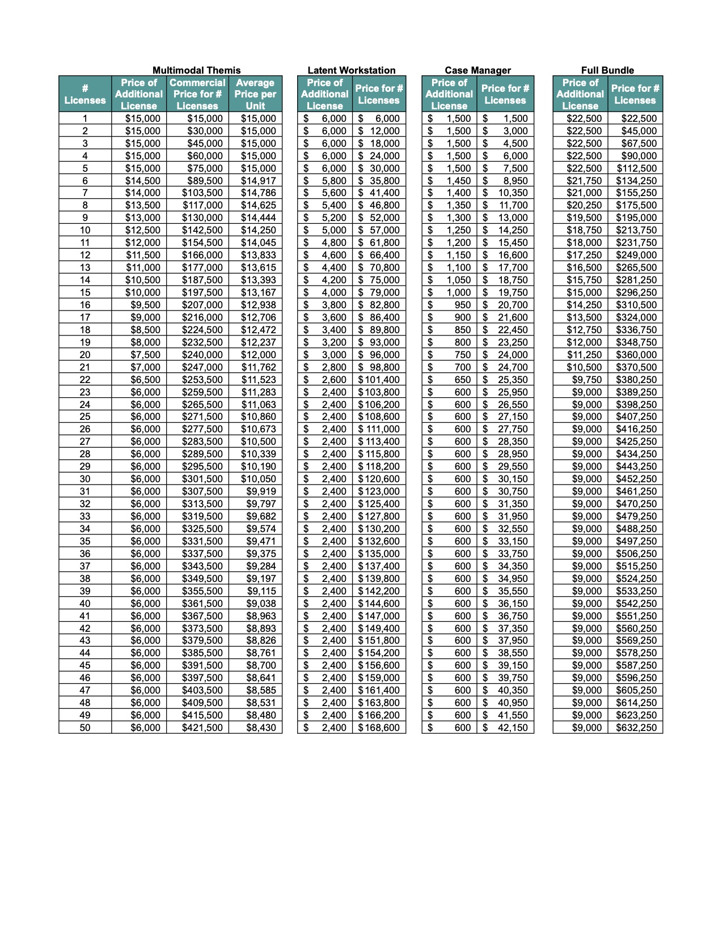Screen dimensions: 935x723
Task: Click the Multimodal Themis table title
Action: pyautogui.click(x=196, y=70)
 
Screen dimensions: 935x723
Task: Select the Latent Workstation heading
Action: pyautogui.click(x=351, y=70)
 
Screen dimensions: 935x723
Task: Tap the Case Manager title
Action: pyautogui.click(x=477, y=70)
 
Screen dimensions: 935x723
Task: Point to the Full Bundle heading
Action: pyautogui.click(x=607, y=70)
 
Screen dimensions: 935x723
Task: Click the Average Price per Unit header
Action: pyautogui.click(x=255, y=94)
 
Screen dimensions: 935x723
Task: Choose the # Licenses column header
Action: pyautogui.click(x=85, y=94)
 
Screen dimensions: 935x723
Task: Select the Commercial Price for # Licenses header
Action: pyautogui.click(x=197, y=94)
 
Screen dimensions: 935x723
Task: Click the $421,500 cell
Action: pyautogui.click(x=202, y=728)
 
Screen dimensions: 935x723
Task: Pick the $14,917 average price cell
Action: pyautogui.click(x=259, y=181)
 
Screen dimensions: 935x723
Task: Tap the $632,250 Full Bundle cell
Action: pyautogui.click(x=636, y=728)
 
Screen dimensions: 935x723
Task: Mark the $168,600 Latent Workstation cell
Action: pyautogui.click(x=379, y=728)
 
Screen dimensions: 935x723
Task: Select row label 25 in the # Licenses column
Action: pyautogui.click(x=85, y=416)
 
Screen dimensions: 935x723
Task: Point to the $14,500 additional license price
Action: pyautogui.click(x=143, y=181)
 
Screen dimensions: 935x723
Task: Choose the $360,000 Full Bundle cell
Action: pyautogui.click(x=636, y=355)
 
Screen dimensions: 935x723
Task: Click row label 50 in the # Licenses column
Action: pyautogui.click(x=85, y=728)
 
